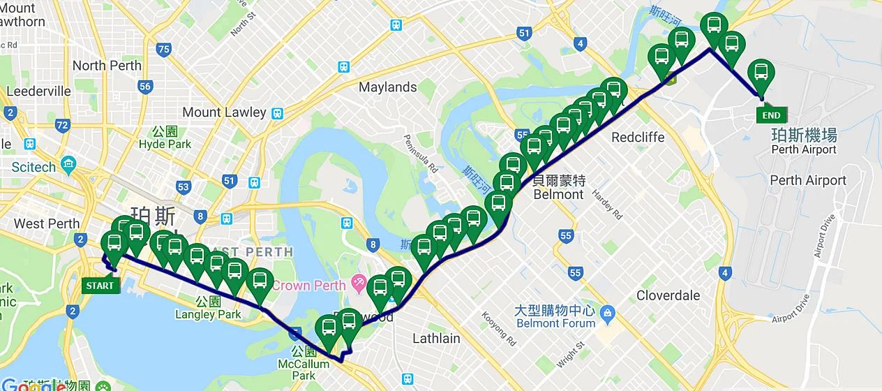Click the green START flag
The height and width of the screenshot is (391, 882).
pyautogui.click(x=100, y=285)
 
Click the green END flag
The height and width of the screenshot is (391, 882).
pyautogui.click(x=771, y=115)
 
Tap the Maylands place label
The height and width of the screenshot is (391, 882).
pyautogui.click(x=387, y=87)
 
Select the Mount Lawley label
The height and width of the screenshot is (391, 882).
pyautogui.click(x=224, y=112)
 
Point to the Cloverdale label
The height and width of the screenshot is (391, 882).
pyautogui.click(x=668, y=295)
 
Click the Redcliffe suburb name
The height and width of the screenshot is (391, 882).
pyautogui.click(x=637, y=137)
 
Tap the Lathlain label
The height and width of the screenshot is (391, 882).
pyautogui.click(x=436, y=339)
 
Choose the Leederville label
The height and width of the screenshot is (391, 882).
pyautogui.click(x=38, y=91)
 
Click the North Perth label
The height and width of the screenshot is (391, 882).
pyautogui.click(x=107, y=66)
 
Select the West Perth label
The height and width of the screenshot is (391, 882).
pyautogui.click(x=47, y=223)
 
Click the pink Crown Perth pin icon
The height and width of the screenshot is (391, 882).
pyautogui.click(x=359, y=283)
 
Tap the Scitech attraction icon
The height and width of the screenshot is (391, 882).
pyautogui.click(x=68, y=166)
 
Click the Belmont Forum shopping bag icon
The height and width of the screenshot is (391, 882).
pyautogui.click(x=606, y=311)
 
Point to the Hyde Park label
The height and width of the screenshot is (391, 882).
pyautogui.click(x=165, y=144)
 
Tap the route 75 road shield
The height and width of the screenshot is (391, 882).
pyautogui.click(x=164, y=49)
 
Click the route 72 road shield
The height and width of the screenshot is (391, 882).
pyautogui.click(x=63, y=126)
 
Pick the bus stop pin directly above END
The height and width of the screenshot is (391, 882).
pyautogui.click(x=761, y=74)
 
